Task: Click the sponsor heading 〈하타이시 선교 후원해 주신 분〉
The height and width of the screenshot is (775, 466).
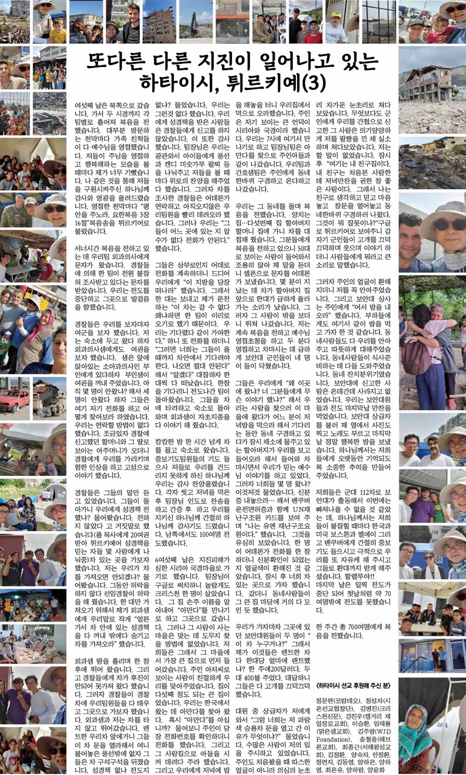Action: (x=353, y=686)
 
